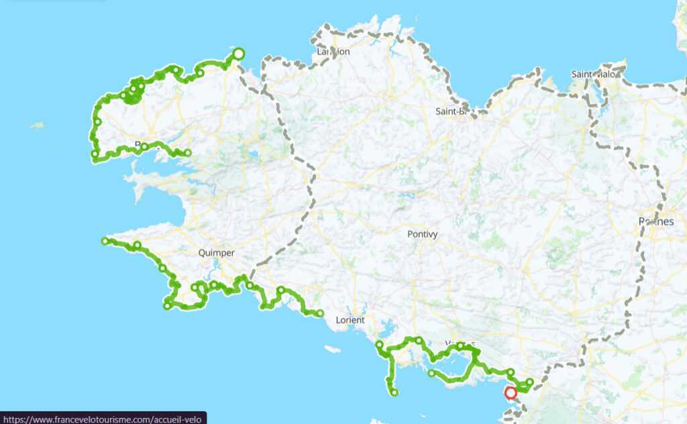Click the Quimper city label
tap(217, 253)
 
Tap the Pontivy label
tap(422, 234)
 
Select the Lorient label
tap(350, 320)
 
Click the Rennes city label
tap(656, 221)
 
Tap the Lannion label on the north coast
tap(333, 51)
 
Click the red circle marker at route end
tap(511, 392)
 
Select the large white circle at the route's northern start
tap(238, 54)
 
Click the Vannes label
tap(460, 345)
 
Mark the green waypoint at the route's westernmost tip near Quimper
tap(105, 241)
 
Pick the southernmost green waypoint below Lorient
tap(394, 392)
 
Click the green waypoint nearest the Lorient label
tap(320, 313)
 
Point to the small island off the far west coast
tap(38, 125)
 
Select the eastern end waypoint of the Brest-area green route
tap(188, 153)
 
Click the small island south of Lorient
tap(331, 349)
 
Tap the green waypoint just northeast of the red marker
tap(530, 382)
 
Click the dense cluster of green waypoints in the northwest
tap(133, 93)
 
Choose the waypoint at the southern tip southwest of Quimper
tap(167, 307)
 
